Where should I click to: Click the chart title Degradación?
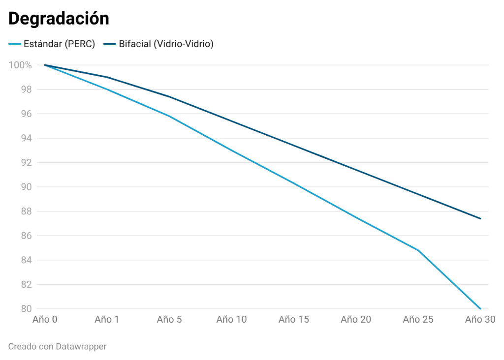(x=59, y=19)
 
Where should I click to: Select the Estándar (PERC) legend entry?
(x=52, y=44)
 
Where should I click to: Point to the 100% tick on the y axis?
(x=20, y=65)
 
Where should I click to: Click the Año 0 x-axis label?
(x=45, y=320)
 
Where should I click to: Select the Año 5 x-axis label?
(x=169, y=320)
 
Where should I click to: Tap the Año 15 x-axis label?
(x=293, y=320)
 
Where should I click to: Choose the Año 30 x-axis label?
(x=480, y=320)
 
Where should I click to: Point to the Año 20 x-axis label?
(x=356, y=320)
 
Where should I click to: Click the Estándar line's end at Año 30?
(x=480, y=309)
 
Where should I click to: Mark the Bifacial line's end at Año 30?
(x=480, y=218)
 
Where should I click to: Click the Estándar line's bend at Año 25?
(x=418, y=250)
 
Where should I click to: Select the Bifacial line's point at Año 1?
(x=107, y=77)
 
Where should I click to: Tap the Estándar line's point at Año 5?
(x=169, y=116)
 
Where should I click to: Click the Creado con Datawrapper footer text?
(x=57, y=346)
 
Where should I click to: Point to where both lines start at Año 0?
(x=45, y=65)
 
